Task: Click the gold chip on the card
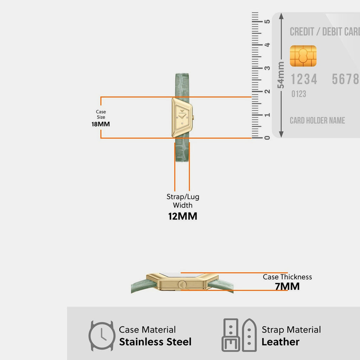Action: (303, 56)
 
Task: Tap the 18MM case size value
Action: (101, 124)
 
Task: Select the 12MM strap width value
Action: (183, 216)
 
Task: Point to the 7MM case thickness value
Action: (287, 287)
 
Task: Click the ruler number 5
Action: (267, 21)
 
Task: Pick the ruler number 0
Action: (267, 138)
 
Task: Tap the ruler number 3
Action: (267, 68)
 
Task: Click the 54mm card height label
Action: (281, 75)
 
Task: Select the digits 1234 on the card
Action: (304, 79)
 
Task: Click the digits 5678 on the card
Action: (346, 79)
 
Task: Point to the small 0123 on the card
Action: (299, 94)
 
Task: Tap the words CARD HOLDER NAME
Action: (317, 121)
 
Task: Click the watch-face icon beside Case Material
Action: (102, 336)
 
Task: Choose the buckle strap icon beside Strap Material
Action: (239, 335)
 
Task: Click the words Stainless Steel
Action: (155, 342)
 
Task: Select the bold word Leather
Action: (281, 342)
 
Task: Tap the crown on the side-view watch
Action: (182, 285)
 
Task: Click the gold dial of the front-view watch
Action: (182, 117)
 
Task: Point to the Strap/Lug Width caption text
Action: (183, 201)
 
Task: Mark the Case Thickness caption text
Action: (287, 277)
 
